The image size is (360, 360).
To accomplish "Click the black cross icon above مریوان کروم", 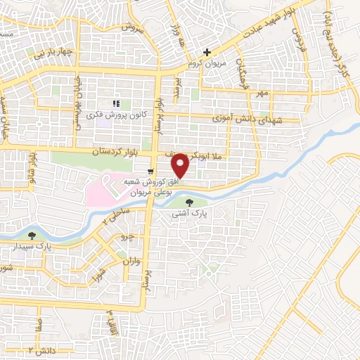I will [207, 53].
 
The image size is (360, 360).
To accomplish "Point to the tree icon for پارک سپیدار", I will [31, 235].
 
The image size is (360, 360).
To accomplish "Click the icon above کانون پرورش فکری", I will [116, 104].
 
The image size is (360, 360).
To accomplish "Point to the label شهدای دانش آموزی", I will [247, 122].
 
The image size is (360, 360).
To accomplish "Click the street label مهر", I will [262, 94].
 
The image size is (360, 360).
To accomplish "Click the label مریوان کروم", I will [210, 64].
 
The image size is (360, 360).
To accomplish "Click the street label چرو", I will [127, 236].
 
